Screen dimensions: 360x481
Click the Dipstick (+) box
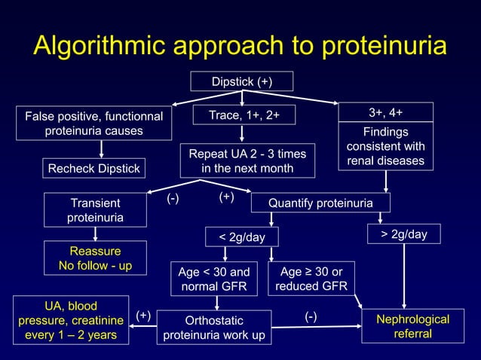tap(241, 81)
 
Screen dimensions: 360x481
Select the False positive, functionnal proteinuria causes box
tap(94, 124)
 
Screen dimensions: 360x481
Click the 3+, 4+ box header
tap(385, 112)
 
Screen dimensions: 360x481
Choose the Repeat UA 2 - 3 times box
tap(247, 161)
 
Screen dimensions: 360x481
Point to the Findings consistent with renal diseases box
tap(385, 146)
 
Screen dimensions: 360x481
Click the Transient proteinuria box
tap(94, 210)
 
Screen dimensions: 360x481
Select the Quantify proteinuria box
tap(320, 203)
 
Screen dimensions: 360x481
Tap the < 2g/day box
tap(242, 237)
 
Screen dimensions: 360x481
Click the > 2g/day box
tap(403, 235)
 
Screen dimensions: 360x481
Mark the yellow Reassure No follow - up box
tap(94, 258)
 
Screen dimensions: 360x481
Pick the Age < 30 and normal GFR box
tap(213, 279)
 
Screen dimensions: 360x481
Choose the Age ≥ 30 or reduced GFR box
tap(311, 279)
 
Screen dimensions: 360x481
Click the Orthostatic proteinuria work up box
tap(215, 327)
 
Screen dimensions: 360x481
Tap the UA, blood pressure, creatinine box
tap(70, 320)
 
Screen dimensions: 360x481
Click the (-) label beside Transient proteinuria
tap(173, 198)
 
